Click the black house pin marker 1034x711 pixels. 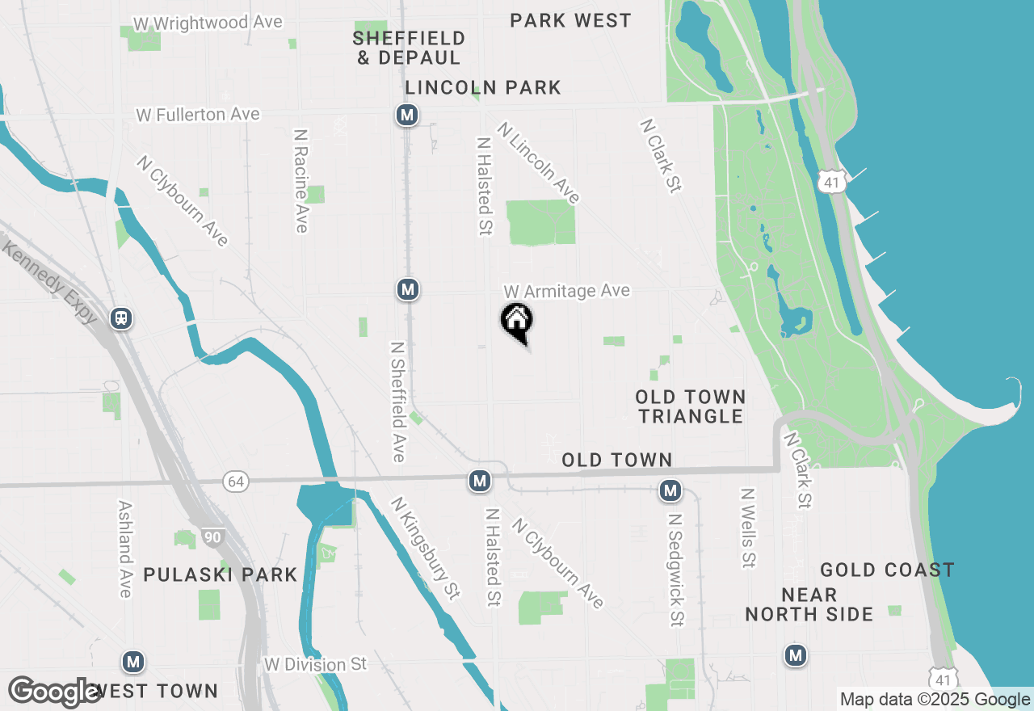pos(517,322)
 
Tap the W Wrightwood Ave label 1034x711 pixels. pos(208,23)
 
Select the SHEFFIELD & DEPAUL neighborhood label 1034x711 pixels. pos(409,48)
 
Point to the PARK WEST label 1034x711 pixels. pos(570,20)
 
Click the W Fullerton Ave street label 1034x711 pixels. pos(198,115)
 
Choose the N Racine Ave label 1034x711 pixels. pos(301,180)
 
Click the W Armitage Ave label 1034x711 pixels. pos(566,291)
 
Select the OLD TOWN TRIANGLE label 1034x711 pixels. pos(690,406)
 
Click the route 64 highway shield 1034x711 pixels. pos(235,482)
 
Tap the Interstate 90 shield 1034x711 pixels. pos(212,537)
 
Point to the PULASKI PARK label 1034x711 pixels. pos(221,575)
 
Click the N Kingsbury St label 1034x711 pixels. pos(425,548)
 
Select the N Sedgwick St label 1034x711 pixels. pos(675,566)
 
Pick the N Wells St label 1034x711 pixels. pos(748,527)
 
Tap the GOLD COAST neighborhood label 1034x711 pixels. pos(887,570)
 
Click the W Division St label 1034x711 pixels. pos(316,665)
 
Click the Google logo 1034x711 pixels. pos(55,692)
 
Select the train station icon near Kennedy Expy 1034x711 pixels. pos(122,318)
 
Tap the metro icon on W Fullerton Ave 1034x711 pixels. pos(407,116)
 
